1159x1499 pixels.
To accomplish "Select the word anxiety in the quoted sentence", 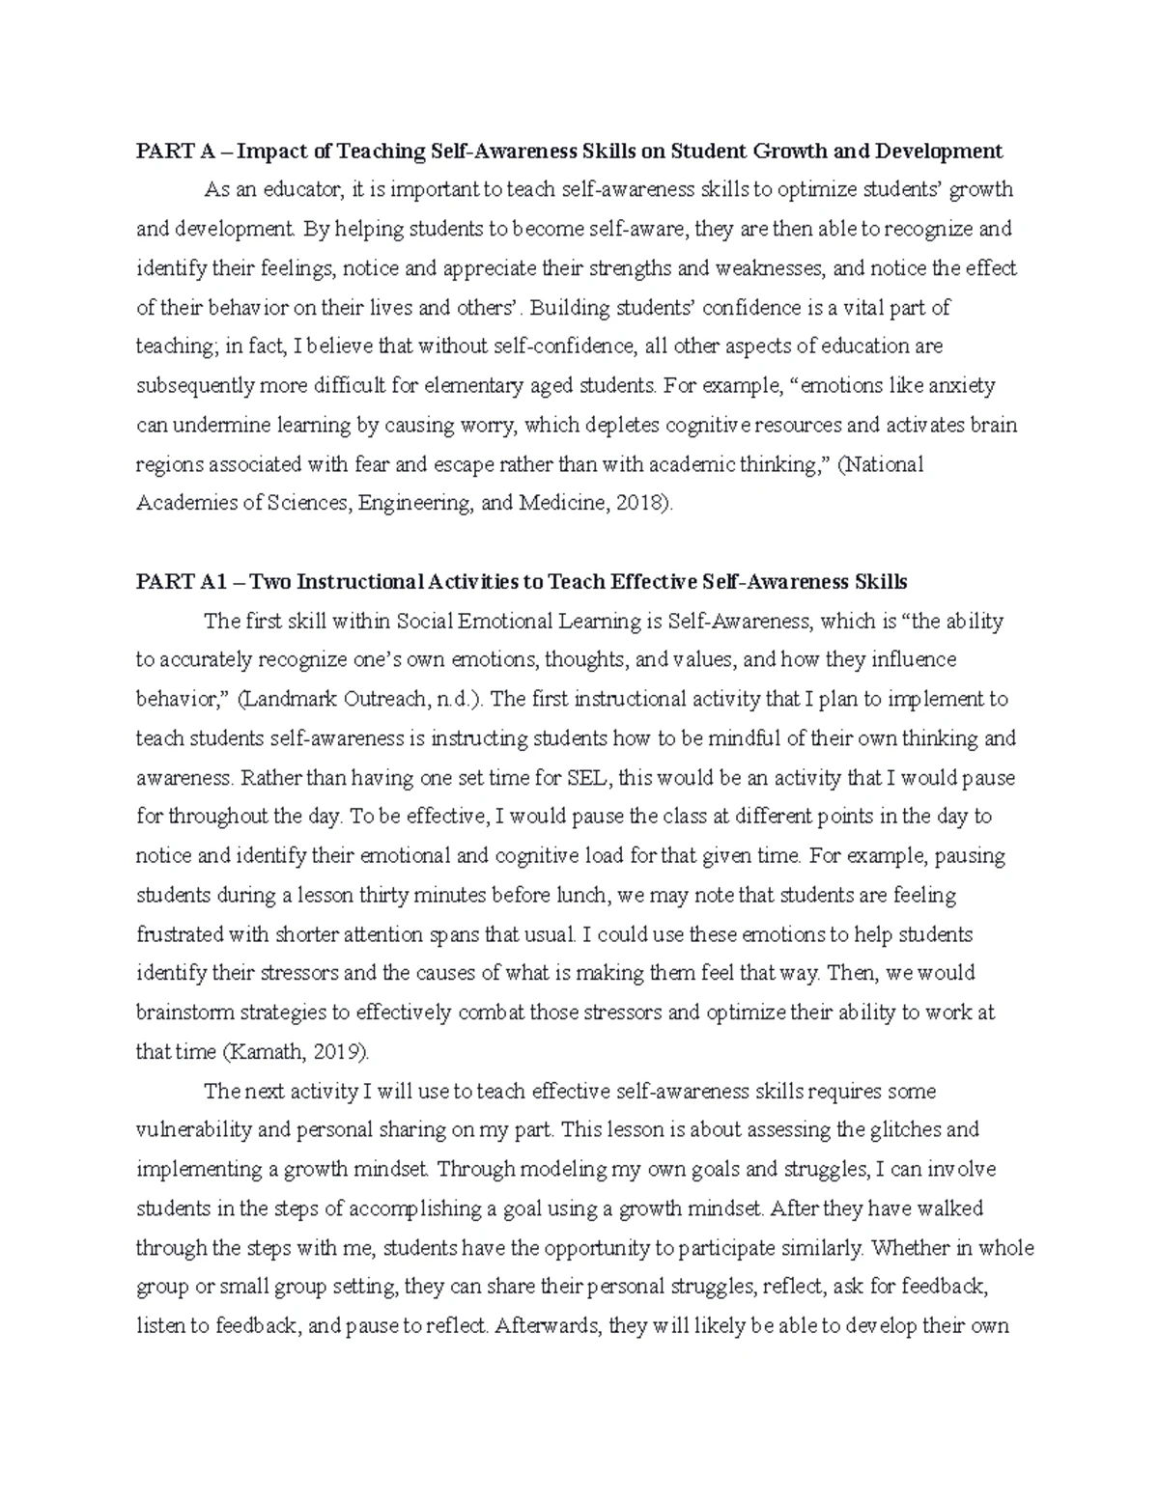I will (x=961, y=386).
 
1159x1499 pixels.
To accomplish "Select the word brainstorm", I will (x=183, y=1013).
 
